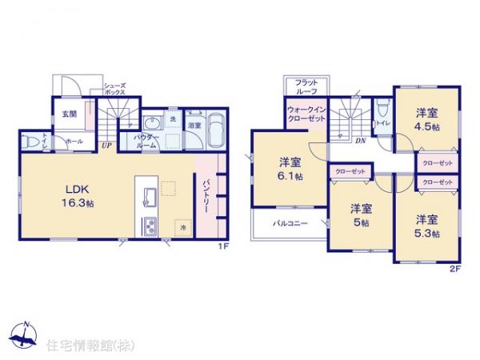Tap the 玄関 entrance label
(x=70, y=114)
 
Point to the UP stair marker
(x=106, y=145)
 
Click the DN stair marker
(x=361, y=140)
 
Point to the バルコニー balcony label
(x=288, y=223)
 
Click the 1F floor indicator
(x=226, y=246)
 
